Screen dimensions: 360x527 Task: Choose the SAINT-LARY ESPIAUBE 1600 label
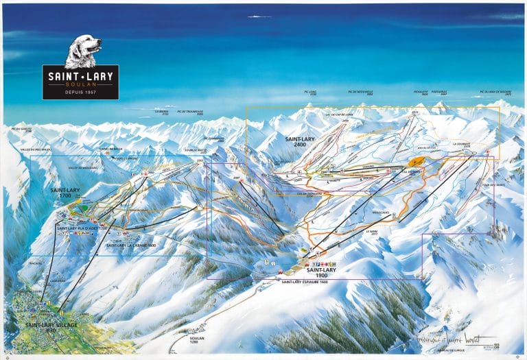(x=303, y=281)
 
